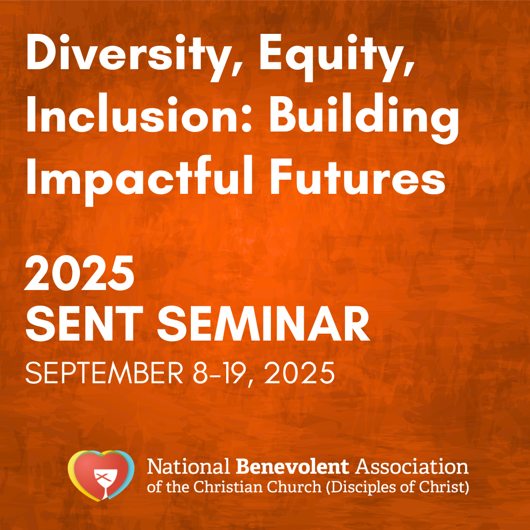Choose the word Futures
(x=357, y=176)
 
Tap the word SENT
(x=84, y=324)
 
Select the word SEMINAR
(x=264, y=324)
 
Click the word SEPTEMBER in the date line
(x=104, y=373)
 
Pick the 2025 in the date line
(x=299, y=373)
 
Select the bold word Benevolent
(x=292, y=467)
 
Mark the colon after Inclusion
(x=247, y=116)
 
